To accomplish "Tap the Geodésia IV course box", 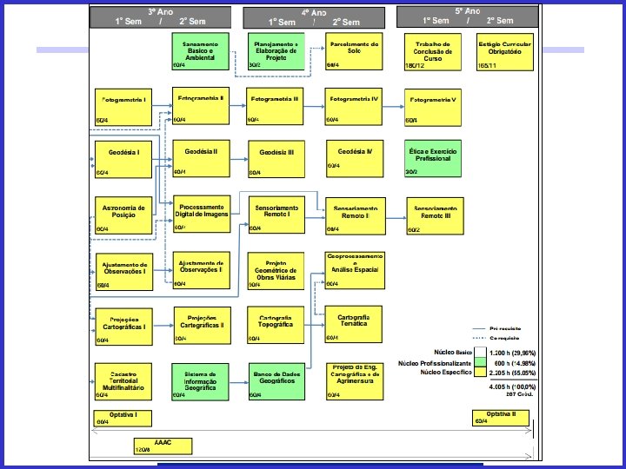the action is (x=355, y=156).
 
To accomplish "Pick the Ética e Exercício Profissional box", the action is (x=433, y=157).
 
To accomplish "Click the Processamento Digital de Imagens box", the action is (x=202, y=214).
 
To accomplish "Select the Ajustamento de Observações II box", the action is (x=202, y=270).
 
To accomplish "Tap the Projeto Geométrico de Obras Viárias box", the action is (x=277, y=270).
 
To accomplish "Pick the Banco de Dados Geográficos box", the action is (x=277, y=380).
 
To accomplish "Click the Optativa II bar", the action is (x=501, y=417).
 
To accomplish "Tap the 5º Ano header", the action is (x=468, y=17).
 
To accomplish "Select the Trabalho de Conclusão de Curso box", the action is (x=433, y=52).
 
